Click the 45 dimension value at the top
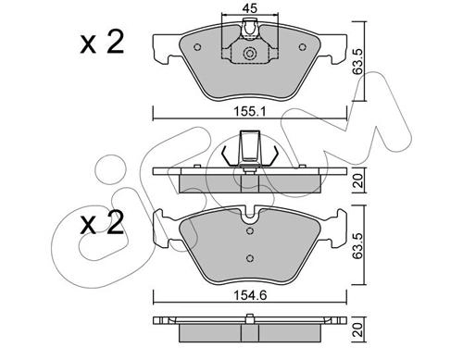[x=250, y=8]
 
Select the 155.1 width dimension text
[x=249, y=111]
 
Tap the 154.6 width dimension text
[x=249, y=295]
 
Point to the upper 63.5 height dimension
[x=358, y=61]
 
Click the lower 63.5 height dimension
[x=358, y=245]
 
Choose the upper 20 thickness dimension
[x=358, y=180]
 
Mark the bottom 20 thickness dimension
[x=358, y=329]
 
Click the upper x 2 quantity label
[x=102, y=43]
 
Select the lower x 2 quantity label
[x=102, y=223]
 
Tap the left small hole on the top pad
[x=197, y=47]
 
